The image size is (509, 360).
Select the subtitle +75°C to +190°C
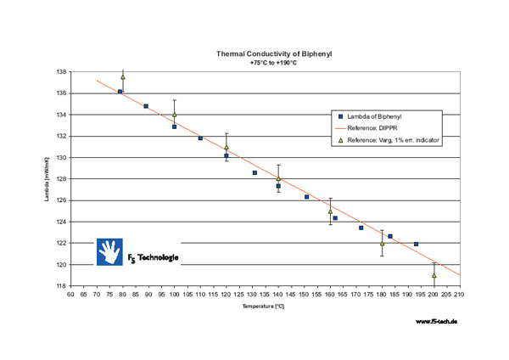click(273, 62)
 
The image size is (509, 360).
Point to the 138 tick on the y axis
click(61, 72)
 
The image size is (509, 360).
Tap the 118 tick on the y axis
click(61, 286)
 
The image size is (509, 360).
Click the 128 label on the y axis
click(61, 179)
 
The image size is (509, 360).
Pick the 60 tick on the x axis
click(71, 295)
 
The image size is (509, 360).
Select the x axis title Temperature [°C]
click(265, 307)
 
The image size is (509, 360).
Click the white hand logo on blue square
click(109, 252)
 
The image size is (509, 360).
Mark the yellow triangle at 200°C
click(433, 275)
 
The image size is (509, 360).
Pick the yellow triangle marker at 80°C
click(123, 77)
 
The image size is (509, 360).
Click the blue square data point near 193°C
click(416, 244)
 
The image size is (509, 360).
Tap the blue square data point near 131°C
click(255, 172)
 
